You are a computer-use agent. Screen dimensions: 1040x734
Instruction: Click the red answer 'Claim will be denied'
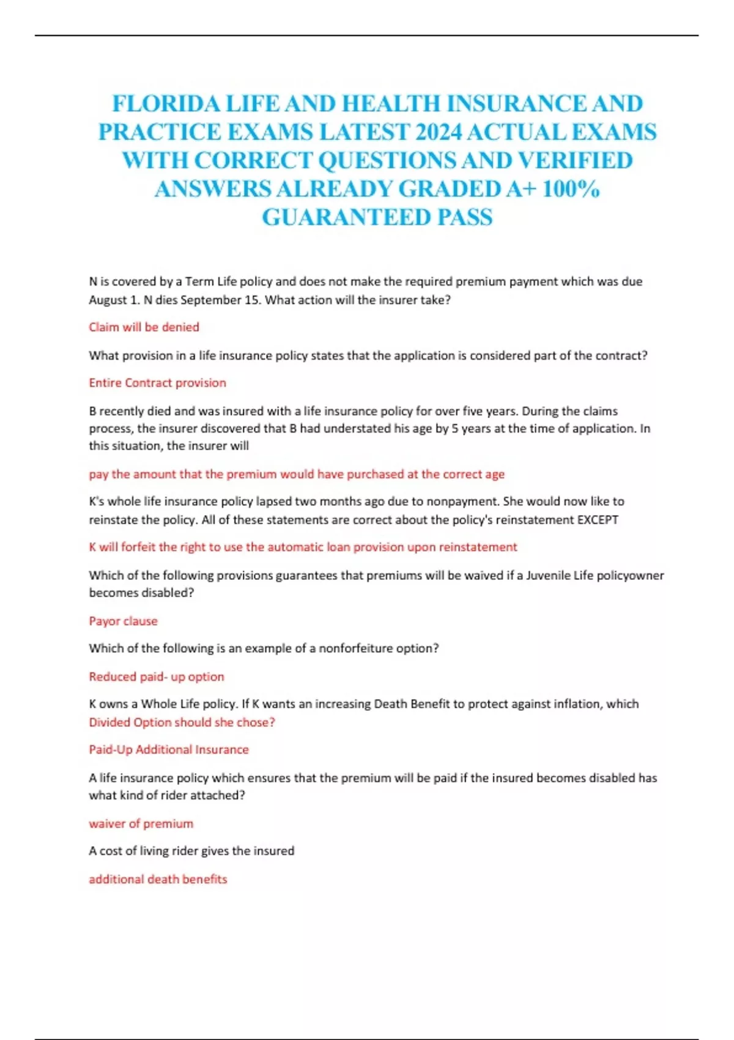(x=144, y=327)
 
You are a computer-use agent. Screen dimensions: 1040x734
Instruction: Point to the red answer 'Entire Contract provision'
(x=157, y=383)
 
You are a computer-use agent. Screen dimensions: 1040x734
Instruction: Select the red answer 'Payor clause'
(x=123, y=621)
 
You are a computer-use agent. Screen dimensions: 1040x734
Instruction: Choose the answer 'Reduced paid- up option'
(x=156, y=677)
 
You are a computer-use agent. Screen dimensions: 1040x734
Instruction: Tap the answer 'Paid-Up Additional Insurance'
(x=168, y=749)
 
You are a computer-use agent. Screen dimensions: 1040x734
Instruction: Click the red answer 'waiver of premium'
(x=141, y=823)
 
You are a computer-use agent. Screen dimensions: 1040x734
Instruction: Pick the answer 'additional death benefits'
(x=158, y=879)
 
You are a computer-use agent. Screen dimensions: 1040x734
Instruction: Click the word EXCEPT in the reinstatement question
(x=598, y=519)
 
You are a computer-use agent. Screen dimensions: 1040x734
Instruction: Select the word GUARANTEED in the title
(x=346, y=217)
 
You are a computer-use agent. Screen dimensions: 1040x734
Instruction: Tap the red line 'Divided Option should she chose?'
(x=182, y=722)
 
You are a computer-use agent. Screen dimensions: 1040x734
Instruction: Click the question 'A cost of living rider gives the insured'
(x=191, y=850)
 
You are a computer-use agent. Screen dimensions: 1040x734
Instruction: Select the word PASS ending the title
(x=465, y=217)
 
